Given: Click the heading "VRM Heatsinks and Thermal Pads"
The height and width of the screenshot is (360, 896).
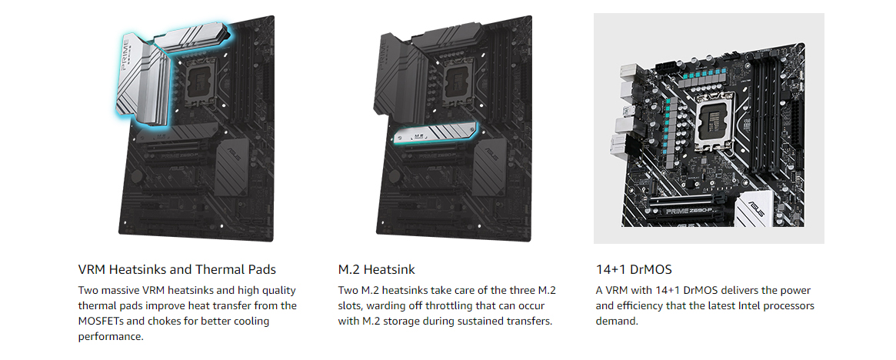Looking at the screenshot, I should pos(177,269).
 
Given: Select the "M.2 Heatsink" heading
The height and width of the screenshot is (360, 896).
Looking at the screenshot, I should pos(376,269).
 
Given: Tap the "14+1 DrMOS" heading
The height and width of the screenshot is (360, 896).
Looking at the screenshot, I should pos(634,269).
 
